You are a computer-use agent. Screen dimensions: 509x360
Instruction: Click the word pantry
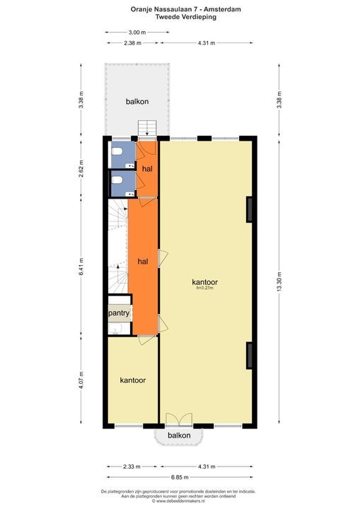[x=117, y=312]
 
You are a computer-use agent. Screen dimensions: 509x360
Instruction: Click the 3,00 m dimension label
[x=137, y=33]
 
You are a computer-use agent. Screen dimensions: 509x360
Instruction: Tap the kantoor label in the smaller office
[x=133, y=380]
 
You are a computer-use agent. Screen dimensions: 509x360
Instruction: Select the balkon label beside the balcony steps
[x=137, y=102]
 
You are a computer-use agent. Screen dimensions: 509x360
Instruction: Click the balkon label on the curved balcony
[x=180, y=435]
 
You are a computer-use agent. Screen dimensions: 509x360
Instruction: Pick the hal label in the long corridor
[x=143, y=261]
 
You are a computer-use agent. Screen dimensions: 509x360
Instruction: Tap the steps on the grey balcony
[x=148, y=128]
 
